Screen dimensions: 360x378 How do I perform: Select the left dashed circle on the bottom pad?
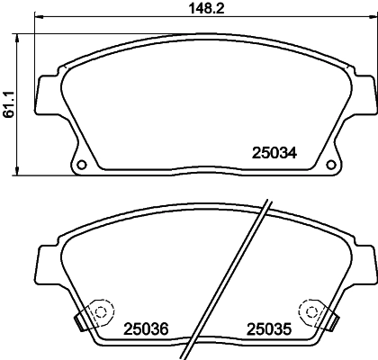coord(99,310)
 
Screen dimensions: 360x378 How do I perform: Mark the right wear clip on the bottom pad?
coord(330,317)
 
